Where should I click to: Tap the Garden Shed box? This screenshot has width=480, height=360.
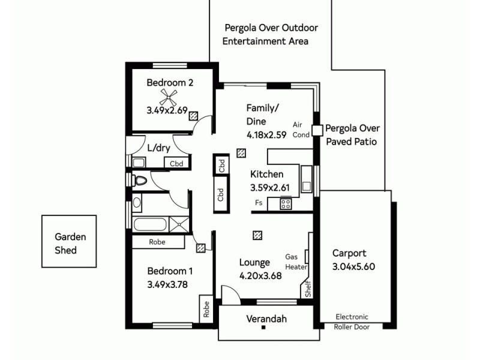(x=69, y=241)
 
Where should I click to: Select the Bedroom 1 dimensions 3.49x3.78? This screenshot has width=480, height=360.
(x=167, y=285)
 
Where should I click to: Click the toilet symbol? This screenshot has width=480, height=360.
(x=140, y=180)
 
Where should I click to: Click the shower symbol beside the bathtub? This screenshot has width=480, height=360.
(x=179, y=225)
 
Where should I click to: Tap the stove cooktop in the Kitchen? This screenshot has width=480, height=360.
(x=286, y=203)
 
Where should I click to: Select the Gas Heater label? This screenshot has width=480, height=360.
(x=296, y=262)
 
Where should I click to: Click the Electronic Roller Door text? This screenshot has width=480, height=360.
(x=352, y=322)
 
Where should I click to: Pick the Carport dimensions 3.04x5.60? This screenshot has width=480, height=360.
(x=353, y=267)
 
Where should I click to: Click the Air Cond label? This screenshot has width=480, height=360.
(x=301, y=130)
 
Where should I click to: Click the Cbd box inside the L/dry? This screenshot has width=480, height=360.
(x=177, y=163)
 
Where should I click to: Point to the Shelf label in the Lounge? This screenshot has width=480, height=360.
(x=308, y=289)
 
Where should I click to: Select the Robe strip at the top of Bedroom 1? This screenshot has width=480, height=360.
(x=158, y=242)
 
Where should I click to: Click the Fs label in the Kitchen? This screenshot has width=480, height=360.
(x=259, y=203)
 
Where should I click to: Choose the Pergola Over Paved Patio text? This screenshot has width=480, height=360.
(x=352, y=135)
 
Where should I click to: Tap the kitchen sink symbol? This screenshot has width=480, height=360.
(x=306, y=178)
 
